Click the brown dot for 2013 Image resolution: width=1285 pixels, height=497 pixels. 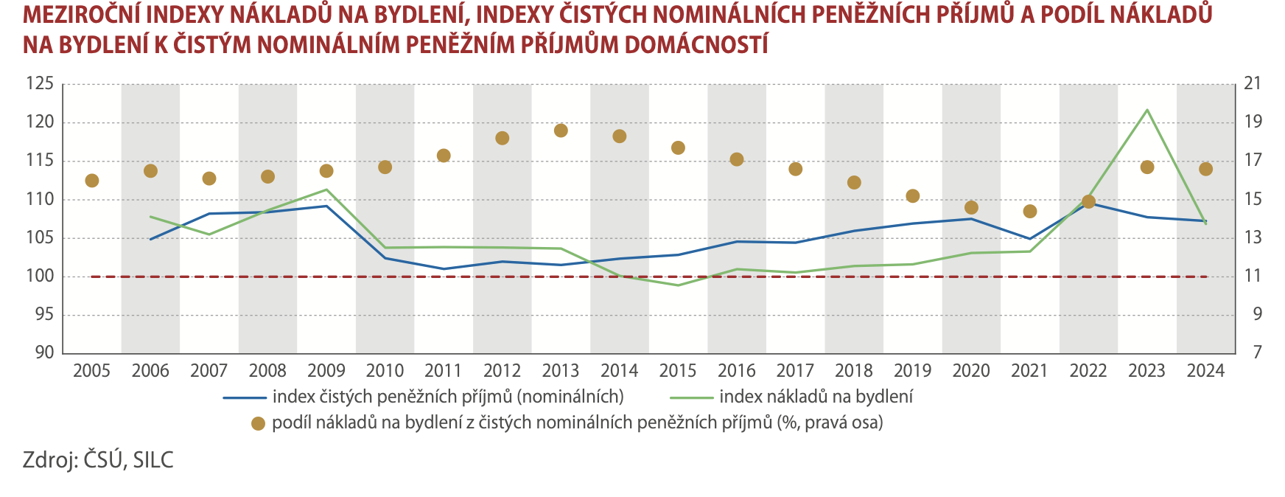(561, 131)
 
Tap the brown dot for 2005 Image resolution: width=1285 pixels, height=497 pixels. (92, 181)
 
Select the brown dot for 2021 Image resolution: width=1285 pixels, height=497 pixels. (1030, 212)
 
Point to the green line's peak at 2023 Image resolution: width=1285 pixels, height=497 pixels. (1146, 110)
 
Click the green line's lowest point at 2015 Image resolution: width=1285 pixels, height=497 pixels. (678, 285)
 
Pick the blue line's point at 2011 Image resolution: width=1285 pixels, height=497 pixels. (444, 269)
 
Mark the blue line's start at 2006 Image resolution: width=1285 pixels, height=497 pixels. (150, 239)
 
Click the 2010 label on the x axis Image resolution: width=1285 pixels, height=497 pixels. (385, 371)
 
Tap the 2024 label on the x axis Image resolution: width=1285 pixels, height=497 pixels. (1205, 371)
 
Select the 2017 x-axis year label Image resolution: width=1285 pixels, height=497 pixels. (795, 371)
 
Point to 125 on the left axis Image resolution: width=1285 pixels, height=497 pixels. (41, 84)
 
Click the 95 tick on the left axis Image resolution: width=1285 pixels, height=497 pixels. (45, 315)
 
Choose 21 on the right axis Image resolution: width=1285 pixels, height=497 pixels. (1253, 84)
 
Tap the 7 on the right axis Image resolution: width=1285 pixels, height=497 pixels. (1257, 352)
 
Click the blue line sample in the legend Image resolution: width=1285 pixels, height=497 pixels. (244, 397)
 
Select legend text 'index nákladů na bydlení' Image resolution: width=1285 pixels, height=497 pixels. (816, 397)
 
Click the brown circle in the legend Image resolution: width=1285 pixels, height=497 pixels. (258, 424)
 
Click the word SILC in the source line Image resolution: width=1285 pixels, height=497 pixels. (153, 460)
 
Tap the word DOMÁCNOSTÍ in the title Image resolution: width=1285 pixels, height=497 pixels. (696, 44)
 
